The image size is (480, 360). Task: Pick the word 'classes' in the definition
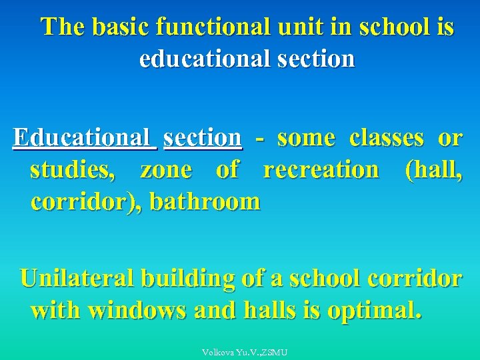[x=387, y=138]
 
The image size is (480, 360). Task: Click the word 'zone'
[x=166, y=171]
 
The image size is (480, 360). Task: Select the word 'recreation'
[x=321, y=170]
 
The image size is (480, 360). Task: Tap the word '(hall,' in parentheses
[x=433, y=170]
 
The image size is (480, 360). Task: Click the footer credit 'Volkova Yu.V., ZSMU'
[x=244, y=352]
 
